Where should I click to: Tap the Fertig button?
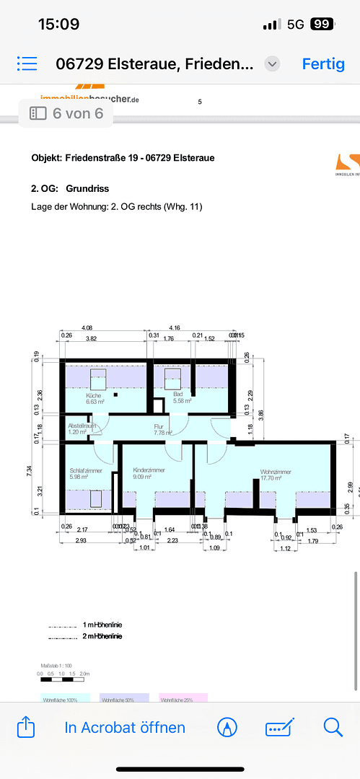coord(323,63)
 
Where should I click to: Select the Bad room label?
coord(178,395)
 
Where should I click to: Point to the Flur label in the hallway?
coord(159,426)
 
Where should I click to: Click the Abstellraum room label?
coord(82,426)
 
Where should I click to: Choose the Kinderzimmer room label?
coord(149,470)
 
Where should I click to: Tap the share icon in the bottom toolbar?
coord(26,726)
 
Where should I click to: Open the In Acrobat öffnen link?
coord(125,727)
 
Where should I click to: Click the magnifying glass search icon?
coord(333,726)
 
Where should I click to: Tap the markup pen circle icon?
coord(227,727)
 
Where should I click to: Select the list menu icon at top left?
coord(27,63)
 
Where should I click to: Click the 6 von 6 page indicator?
coord(66,113)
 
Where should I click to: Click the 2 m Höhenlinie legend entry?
coord(102,636)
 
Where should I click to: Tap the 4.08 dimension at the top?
coord(87,327)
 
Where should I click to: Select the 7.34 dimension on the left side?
coord(30,471)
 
